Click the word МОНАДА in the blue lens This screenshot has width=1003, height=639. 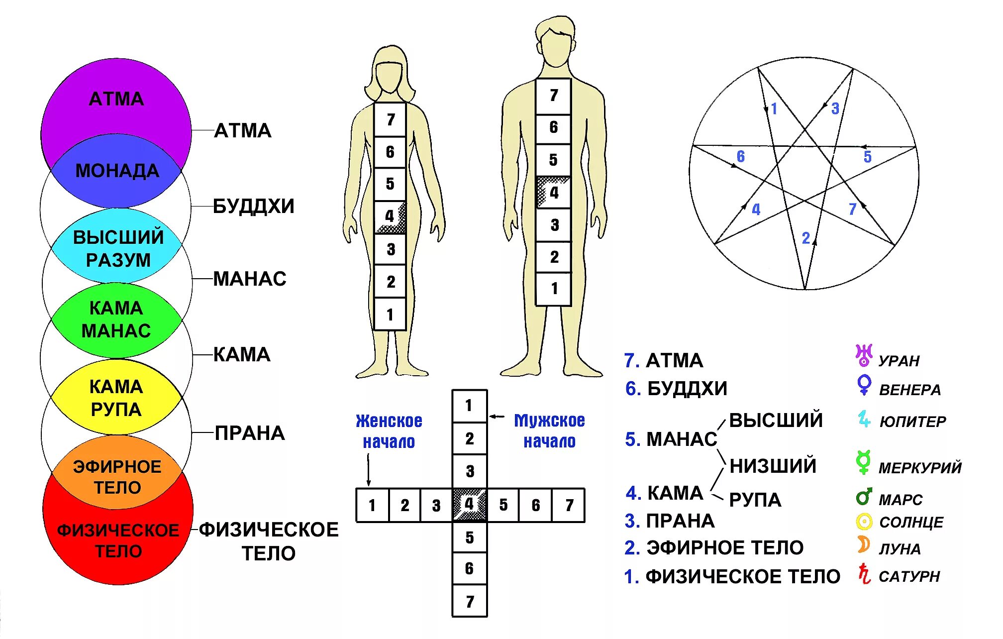(x=117, y=171)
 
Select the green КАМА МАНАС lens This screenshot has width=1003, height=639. (x=116, y=319)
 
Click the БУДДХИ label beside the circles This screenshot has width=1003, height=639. (x=253, y=206)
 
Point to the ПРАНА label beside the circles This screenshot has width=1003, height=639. (x=249, y=433)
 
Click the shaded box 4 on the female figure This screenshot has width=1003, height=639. (x=390, y=216)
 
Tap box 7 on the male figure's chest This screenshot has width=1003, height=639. (x=553, y=95)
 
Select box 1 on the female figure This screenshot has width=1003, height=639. (x=390, y=314)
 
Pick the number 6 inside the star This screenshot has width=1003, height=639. (x=740, y=157)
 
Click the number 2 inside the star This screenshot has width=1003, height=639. (x=806, y=238)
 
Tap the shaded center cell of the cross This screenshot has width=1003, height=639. (x=469, y=505)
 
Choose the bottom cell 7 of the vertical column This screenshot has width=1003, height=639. (x=469, y=601)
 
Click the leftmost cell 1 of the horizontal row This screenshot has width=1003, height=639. (x=372, y=505)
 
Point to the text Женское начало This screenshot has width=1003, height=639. (x=389, y=431)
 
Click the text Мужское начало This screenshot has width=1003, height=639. (x=549, y=431)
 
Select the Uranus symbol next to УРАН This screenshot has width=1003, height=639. (x=864, y=355)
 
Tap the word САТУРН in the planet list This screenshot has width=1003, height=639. (x=909, y=576)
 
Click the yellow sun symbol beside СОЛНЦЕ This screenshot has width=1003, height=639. (x=864, y=522)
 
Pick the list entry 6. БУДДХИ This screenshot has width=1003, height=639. (x=676, y=389)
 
